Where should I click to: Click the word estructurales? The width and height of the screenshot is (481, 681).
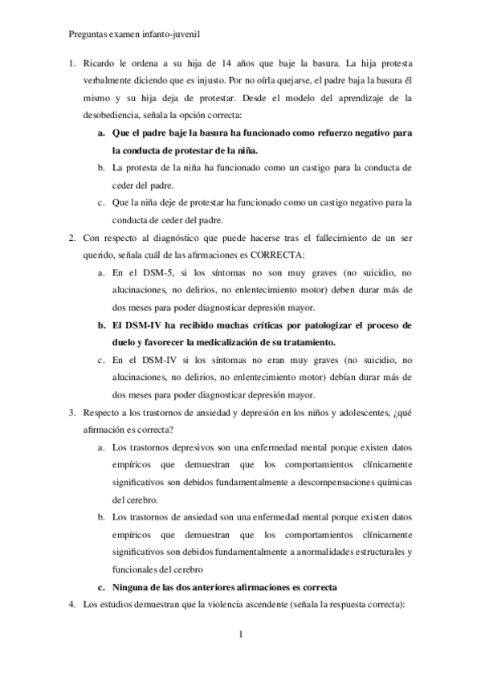tap(358, 552)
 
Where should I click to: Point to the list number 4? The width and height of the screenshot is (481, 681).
tap(71, 604)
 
